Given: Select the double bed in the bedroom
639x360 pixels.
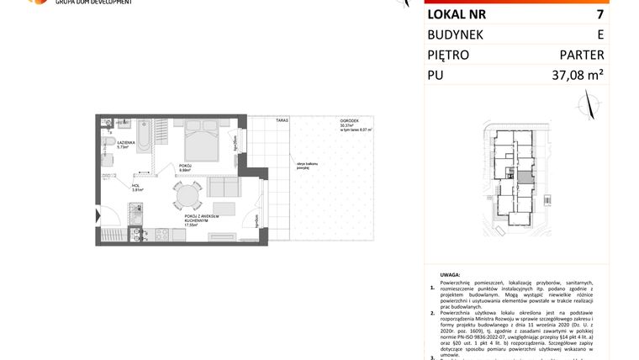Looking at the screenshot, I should (202, 140).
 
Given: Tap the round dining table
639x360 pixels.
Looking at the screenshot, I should (187, 198).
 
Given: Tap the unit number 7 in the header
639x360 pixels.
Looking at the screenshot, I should (599, 14).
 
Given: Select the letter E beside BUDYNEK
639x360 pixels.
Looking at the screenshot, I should (599, 34).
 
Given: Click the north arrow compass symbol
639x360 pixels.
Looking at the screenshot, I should (589, 105).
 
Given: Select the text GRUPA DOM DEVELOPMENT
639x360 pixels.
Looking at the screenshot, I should (93, 3).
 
